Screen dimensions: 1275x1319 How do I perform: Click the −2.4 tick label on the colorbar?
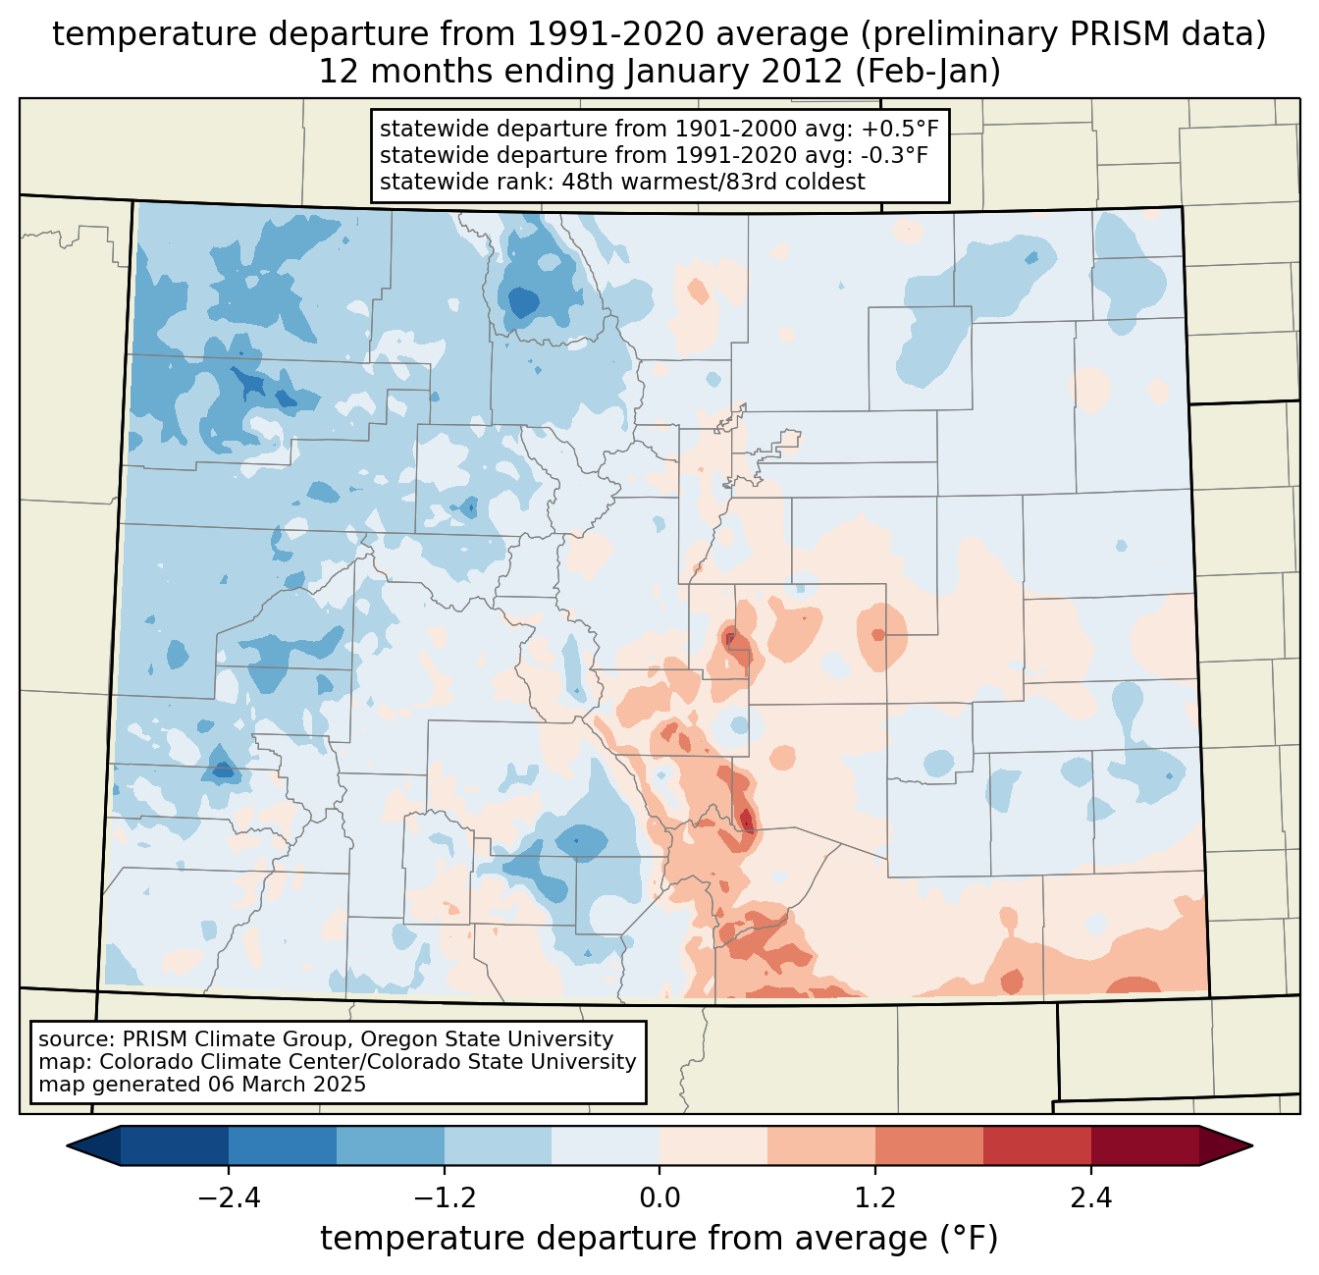click(228, 1198)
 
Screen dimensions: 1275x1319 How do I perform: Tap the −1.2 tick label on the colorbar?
click(444, 1198)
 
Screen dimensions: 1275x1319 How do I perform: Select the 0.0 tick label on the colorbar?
click(659, 1198)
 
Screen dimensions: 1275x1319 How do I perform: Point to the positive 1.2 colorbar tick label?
click(875, 1198)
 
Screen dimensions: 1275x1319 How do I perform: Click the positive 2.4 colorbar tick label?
click(1090, 1198)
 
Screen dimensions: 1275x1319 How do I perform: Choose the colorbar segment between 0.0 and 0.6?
click(713, 1145)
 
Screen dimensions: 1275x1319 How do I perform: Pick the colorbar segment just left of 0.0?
click(606, 1145)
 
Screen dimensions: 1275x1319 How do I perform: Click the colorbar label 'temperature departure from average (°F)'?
click(659, 1239)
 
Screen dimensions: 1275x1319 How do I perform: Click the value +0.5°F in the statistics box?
click(904, 129)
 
